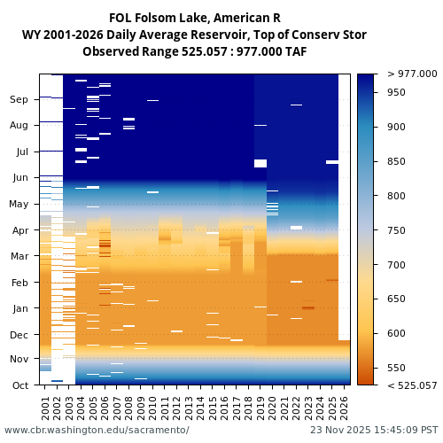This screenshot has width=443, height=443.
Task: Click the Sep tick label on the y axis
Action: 19,100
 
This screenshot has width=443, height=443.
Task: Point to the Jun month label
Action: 19,178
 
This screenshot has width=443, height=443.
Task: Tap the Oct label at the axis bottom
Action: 19,385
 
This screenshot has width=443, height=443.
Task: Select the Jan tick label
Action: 19,308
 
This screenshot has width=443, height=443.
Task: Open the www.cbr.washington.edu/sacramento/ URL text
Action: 97,430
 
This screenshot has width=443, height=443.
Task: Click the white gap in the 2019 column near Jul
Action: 260,163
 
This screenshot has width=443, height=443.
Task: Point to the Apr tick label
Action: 19,230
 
